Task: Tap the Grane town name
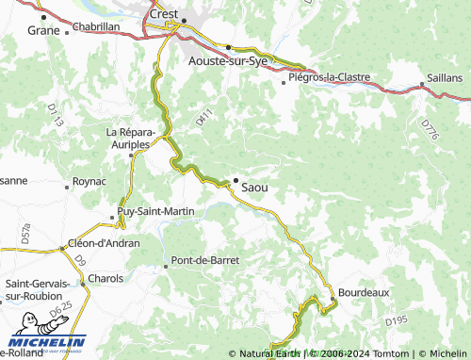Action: [43, 29]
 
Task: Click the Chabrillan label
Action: [96, 27]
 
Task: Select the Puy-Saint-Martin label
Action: [155, 211]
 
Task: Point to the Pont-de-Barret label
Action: [203, 259]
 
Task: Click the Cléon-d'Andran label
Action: [105, 243]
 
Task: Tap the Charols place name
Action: [106, 279]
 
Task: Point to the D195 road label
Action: [397, 322]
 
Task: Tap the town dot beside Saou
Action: [235, 179]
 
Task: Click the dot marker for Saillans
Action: [422, 86]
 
